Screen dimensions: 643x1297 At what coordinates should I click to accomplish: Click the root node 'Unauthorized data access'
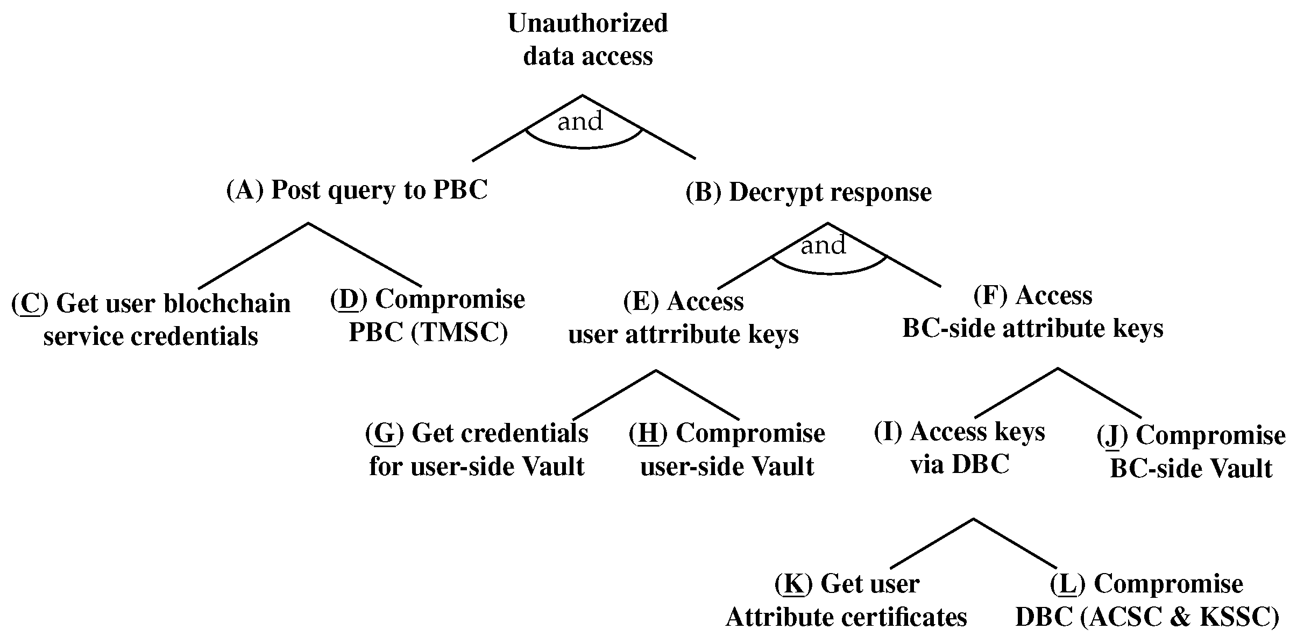pos(587,40)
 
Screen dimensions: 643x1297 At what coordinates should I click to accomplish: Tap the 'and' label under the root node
pos(580,122)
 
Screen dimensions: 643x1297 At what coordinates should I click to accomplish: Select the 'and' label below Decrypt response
pos(823,246)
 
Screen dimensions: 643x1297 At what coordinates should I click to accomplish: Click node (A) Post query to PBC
pos(357,190)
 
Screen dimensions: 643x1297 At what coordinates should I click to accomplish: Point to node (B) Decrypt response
pos(809,193)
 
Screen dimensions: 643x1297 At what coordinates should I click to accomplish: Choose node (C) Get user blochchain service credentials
pos(151,320)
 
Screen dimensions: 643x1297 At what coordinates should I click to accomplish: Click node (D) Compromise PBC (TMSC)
pos(428,316)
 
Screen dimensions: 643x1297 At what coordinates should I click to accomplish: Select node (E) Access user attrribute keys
pos(683,318)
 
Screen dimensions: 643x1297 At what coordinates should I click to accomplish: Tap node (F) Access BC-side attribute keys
pos(1032,312)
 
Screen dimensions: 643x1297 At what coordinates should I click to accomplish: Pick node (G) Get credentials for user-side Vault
pos(477,449)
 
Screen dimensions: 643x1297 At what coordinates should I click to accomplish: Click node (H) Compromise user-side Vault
pos(727,449)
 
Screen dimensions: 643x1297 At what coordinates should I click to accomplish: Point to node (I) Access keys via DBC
pos(959,448)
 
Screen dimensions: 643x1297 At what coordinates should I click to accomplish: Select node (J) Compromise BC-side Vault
pos(1191,452)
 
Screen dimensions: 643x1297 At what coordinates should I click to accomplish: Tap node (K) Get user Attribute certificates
pos(846,600)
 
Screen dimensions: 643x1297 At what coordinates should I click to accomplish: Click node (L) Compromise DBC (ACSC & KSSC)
pos(1147,600)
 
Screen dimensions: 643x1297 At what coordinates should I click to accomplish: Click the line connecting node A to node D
pos(365,255)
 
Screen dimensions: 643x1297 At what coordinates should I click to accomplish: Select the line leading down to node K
pos(932,543)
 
